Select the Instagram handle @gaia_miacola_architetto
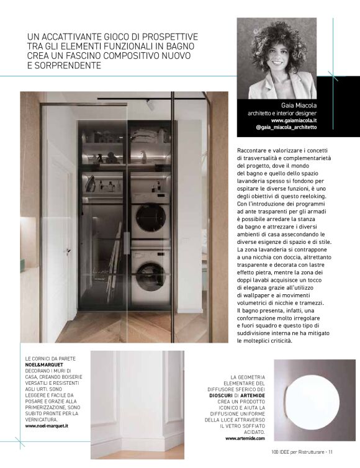pyautogui.click(x=286, y=127)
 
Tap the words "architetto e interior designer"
pyautogui.click(x=282, y=113)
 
